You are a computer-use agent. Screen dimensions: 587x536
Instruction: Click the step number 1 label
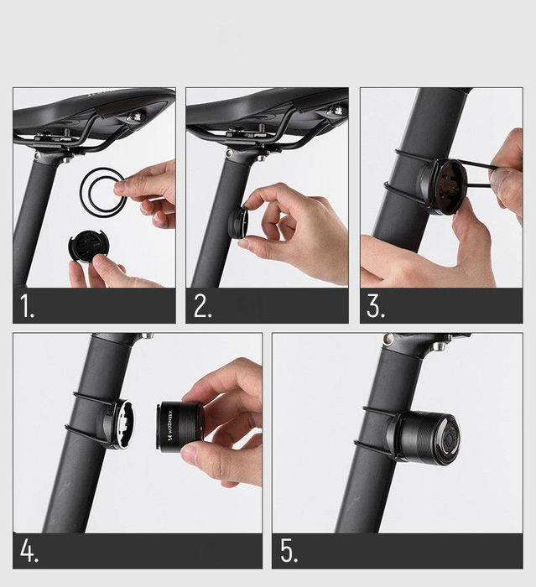28,307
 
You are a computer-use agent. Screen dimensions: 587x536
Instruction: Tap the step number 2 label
202,307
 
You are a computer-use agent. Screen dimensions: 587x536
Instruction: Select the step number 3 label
376,307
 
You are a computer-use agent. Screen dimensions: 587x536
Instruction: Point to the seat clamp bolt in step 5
388,340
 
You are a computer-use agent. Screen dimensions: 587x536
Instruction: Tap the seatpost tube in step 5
369,486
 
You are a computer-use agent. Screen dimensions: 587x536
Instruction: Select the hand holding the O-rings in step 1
147,193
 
